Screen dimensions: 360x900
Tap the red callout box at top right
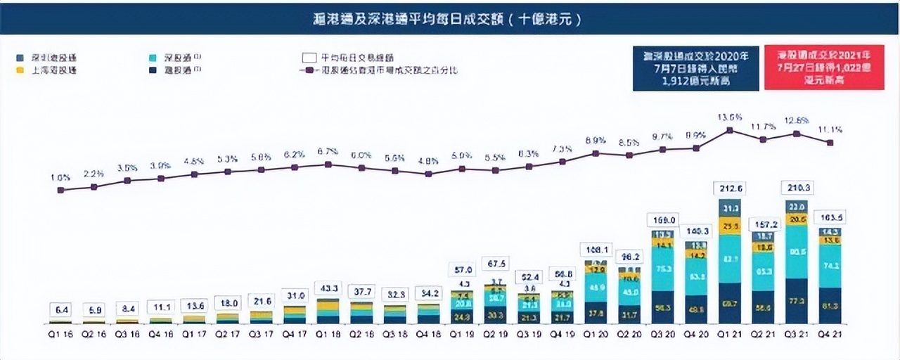(x=823, y=69)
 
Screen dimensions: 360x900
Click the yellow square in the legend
(x=20, y=70)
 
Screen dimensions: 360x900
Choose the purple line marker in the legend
(x=307, y=70)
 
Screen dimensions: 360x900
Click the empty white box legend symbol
(x=307, y=58)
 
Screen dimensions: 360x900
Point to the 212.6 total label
(x=729, y=188)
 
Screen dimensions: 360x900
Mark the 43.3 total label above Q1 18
(x=328, y=288)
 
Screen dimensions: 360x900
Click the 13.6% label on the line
(x=730, y=117)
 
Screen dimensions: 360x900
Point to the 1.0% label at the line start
(x=60, y=177)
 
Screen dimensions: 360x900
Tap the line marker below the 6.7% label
(x=328, y=165)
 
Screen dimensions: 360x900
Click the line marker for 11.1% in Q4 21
(x=830, y=143)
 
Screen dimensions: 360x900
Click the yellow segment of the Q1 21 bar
(x=729, y=225)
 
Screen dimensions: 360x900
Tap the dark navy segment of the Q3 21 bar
(x=797, y=301)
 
